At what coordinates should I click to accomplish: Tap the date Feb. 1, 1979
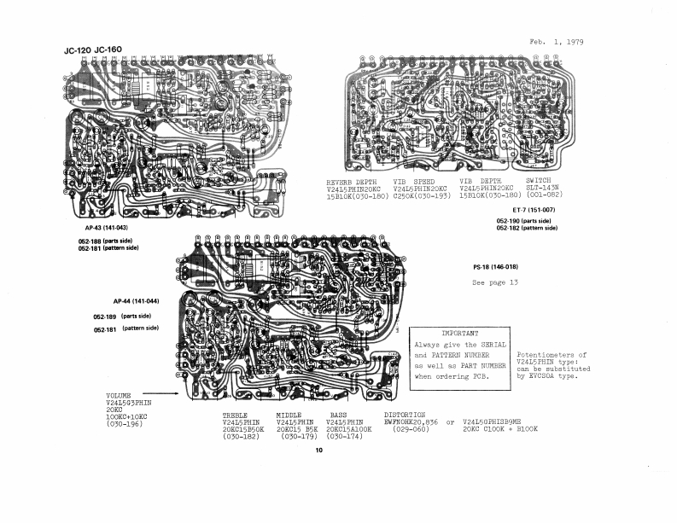(557, 42)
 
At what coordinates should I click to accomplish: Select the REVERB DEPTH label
(352, 182)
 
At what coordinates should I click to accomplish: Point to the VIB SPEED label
(414, 182)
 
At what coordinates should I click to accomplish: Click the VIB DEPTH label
(480, 182)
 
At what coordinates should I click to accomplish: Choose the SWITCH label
(539, 182)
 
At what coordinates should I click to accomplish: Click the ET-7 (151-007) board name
(534, 210)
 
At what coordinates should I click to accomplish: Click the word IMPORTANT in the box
(459, 333)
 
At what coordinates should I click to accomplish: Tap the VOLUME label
(119, 397)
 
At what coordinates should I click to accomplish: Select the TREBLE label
(235, 415)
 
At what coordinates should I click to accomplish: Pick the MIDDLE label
(289, 415)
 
